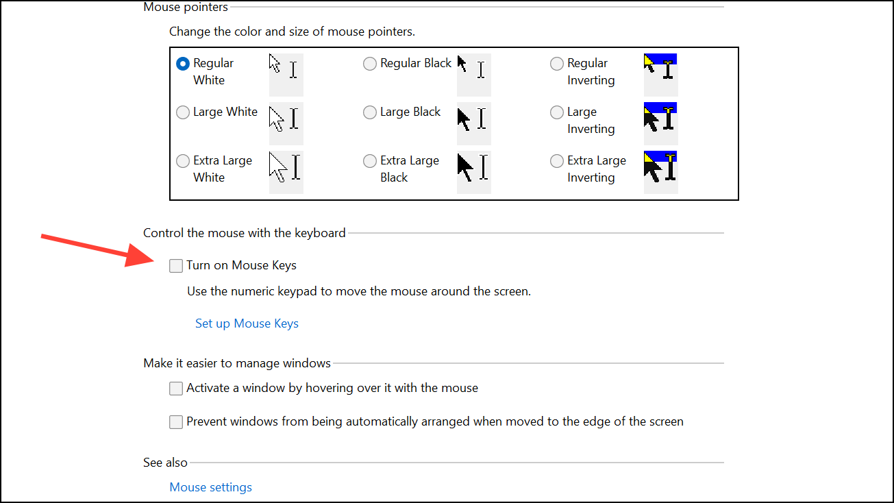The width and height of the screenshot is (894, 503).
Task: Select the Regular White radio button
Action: coord(183,64)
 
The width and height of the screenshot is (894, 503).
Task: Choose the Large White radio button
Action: coord(183,112)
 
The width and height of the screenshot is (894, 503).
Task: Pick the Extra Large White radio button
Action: coord(183,161)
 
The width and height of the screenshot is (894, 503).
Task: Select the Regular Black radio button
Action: coord(370,64)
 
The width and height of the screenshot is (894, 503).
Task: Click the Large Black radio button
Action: coord(370,112)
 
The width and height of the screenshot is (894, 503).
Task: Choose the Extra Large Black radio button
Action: coord(370,161)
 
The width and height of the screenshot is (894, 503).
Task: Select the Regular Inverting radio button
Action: coord(557,64)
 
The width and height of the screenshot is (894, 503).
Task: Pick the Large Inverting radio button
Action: coord(557,112)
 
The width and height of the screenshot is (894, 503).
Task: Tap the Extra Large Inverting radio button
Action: coord(557,161)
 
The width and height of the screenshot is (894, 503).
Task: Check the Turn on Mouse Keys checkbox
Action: coord(177,266)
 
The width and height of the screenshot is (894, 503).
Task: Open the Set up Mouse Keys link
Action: coord(247,323)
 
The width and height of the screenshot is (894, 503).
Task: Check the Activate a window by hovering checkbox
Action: coord(177,389)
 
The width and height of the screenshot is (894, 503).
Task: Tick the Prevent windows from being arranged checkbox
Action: coord(177,422)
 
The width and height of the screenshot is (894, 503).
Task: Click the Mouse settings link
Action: coord(210,487)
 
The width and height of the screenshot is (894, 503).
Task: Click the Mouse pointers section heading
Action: coord(186,7)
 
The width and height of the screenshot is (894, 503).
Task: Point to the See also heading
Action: coord(165,463)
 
